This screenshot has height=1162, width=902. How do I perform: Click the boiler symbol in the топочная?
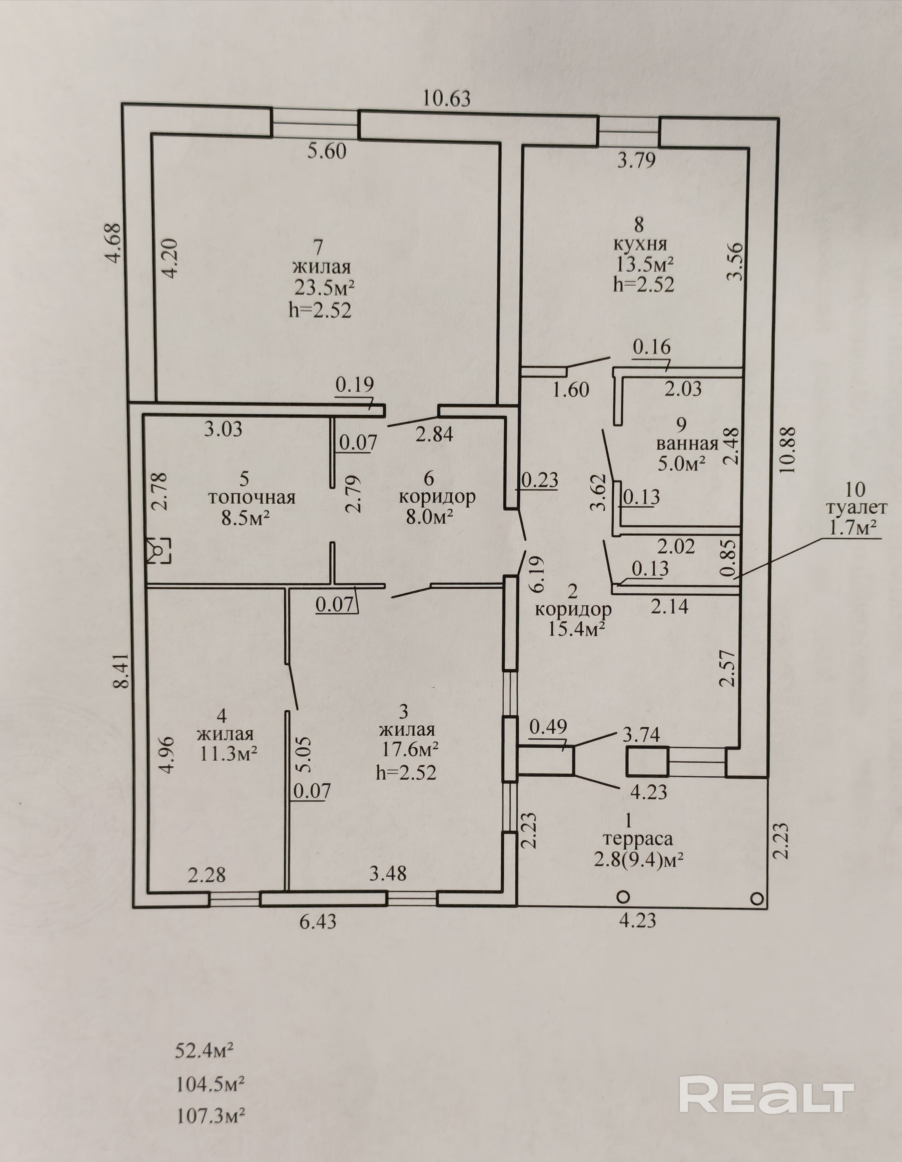coord(159,550)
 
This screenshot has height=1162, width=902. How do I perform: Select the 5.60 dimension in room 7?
coord(327,151)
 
